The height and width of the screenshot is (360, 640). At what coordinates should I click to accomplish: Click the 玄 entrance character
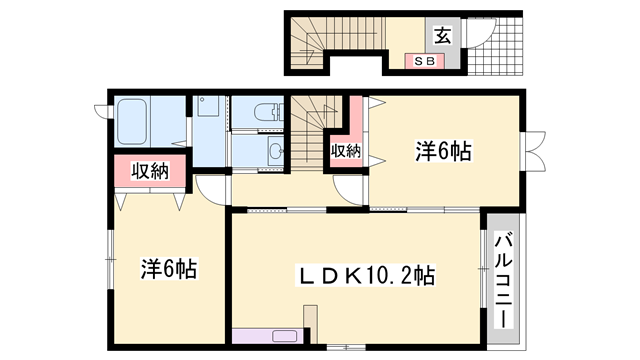(x=442, y=35)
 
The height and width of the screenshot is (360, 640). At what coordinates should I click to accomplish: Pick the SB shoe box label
(x=424, y=61)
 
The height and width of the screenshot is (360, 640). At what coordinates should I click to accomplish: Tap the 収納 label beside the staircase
(x=345, y=151)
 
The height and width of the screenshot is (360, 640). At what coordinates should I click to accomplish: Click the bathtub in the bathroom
(x=146, y=121)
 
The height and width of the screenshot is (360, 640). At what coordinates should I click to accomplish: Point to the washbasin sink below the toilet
(x=271, y=152)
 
